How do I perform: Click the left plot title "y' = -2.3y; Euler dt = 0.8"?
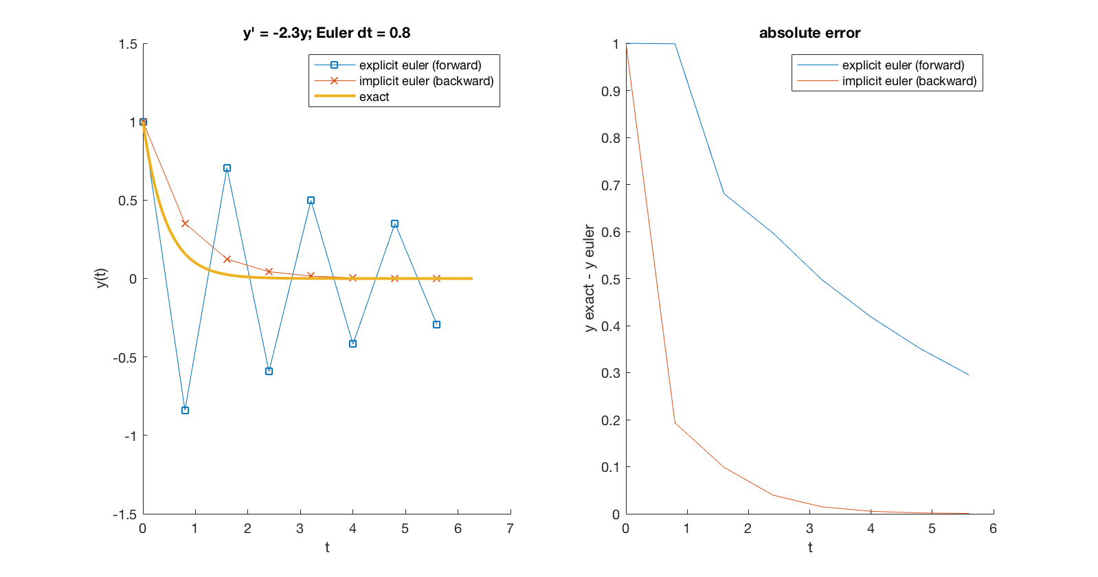coord(326,33)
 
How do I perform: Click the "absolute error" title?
coord(809,33)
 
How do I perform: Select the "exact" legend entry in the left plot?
coord(374,97)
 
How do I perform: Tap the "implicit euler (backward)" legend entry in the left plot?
coord(426,81)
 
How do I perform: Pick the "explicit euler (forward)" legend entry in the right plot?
coord(903,65)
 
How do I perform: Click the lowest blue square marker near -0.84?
coord(185,411)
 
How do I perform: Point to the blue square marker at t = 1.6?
coord(227,168)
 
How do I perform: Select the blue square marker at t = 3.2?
coord(311,201)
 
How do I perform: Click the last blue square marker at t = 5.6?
coord(436,325)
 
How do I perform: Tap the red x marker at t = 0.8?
coord(185,223)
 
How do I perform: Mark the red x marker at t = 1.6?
coord(227,259)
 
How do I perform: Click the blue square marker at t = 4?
coord(352,344)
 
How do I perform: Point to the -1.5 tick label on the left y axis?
coord(125,514)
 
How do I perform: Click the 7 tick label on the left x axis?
coord(510,529)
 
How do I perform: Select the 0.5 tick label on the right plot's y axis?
coord(611,280)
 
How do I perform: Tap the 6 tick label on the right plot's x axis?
coord(993,529)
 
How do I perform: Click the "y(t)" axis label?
coord(102,278)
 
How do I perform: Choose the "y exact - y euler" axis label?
coord(589,278)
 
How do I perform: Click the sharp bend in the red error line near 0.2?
coord(675,422)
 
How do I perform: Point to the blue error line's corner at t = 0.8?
coord(675,45)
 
